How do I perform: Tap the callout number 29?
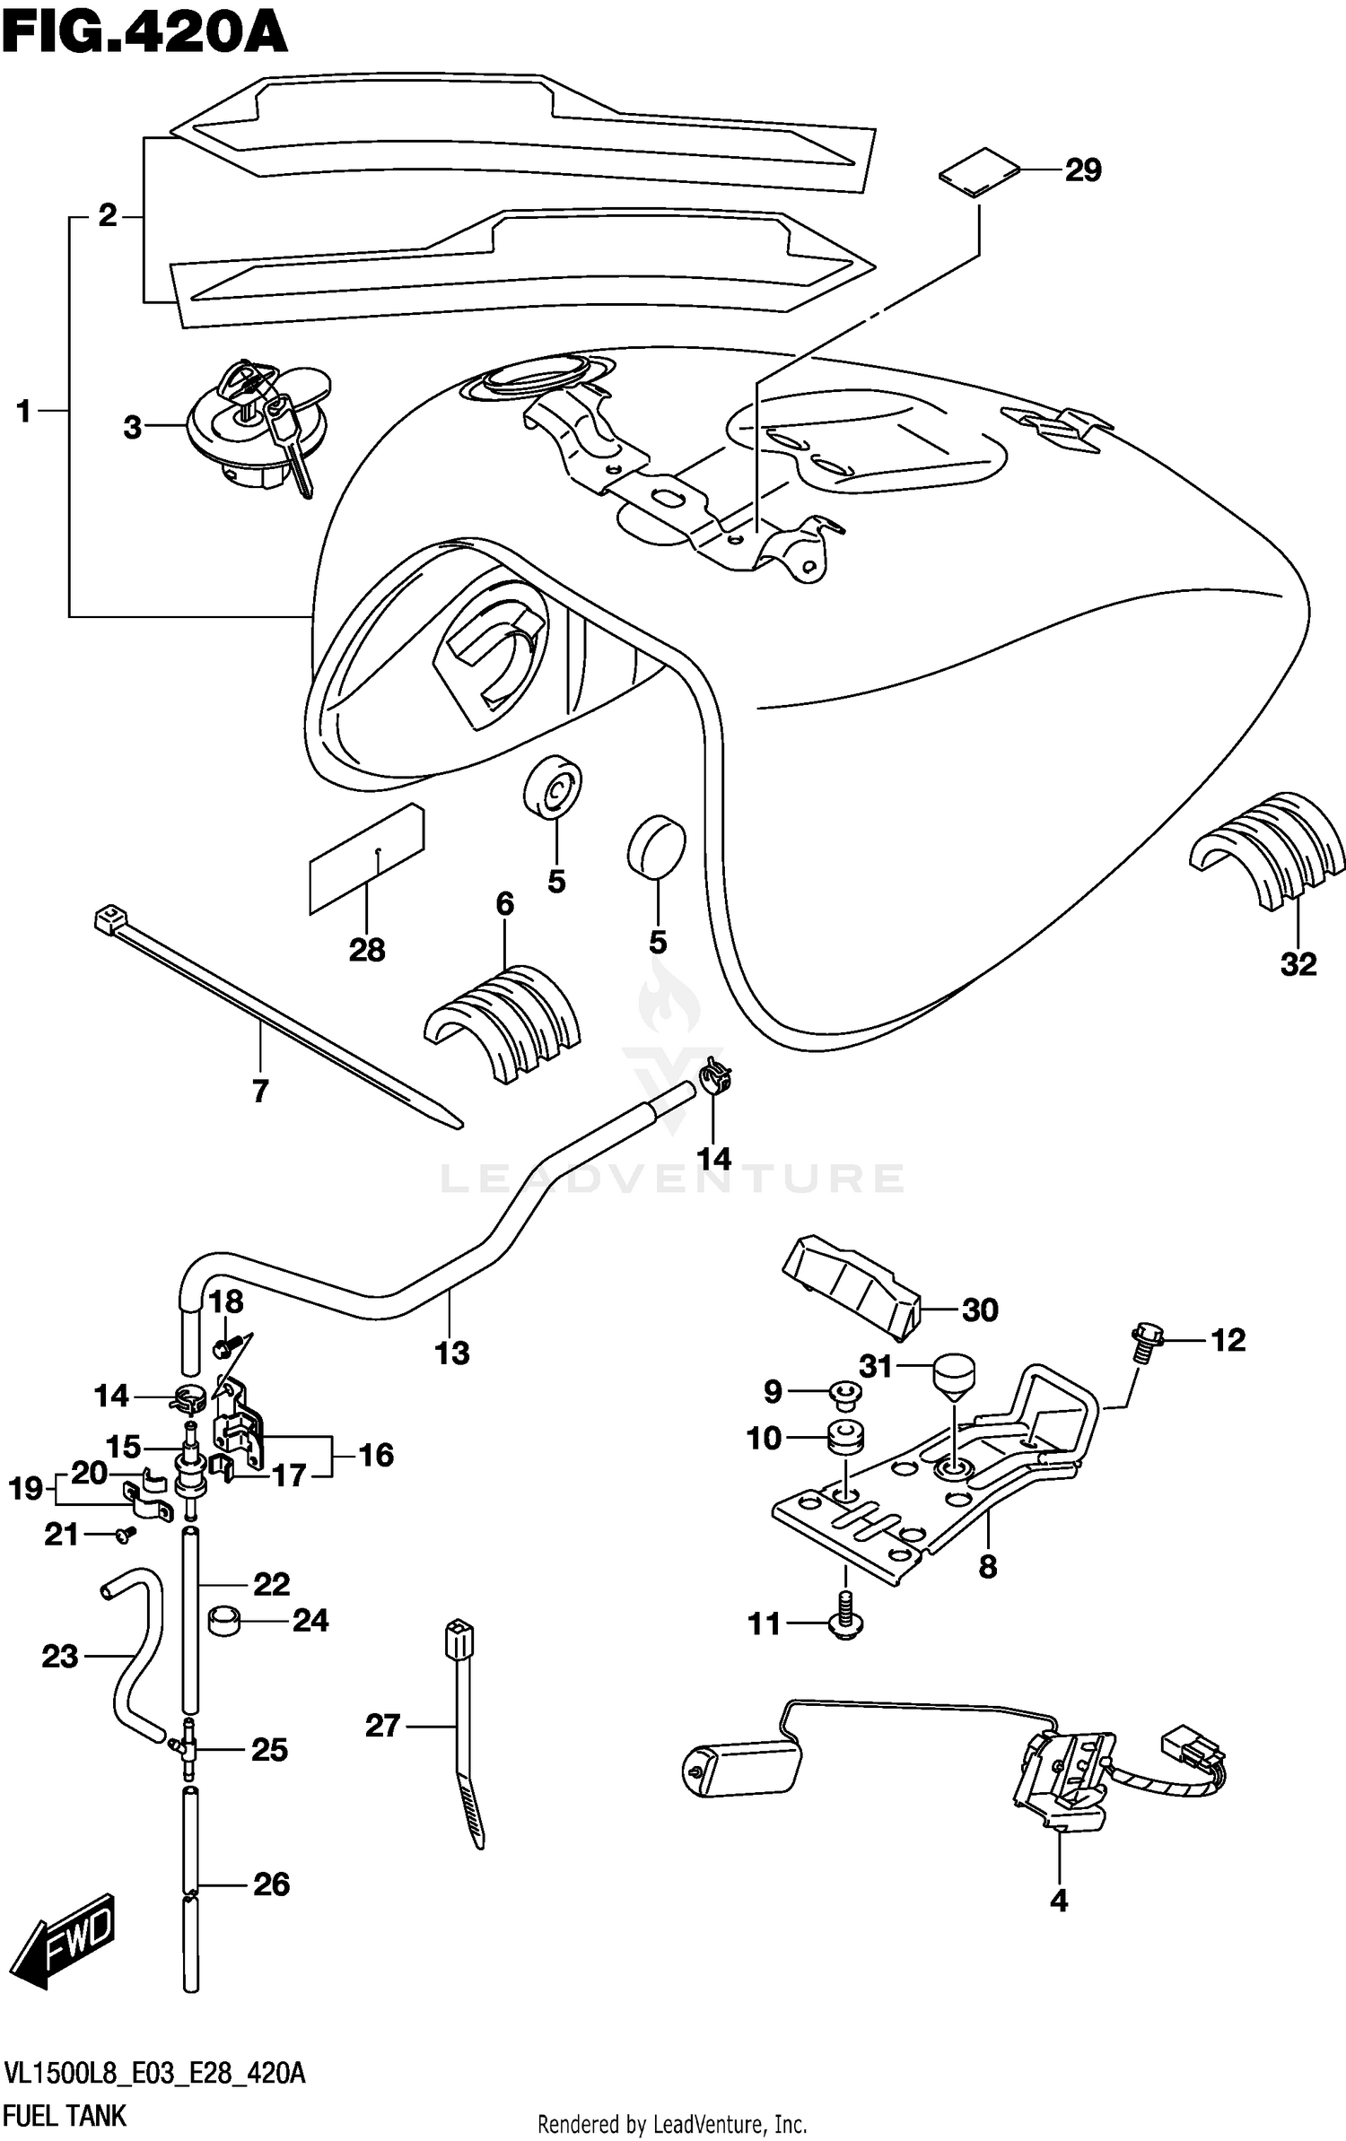pos(1082,170)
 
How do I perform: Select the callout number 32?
pos(1298,964)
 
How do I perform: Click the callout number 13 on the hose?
pos(451,1353)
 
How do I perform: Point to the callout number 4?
pos(1059,1901)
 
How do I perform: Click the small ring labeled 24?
pos(226,1622)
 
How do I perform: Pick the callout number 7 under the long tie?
pos(260,1092)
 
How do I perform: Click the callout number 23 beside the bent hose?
pos(59,1656)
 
